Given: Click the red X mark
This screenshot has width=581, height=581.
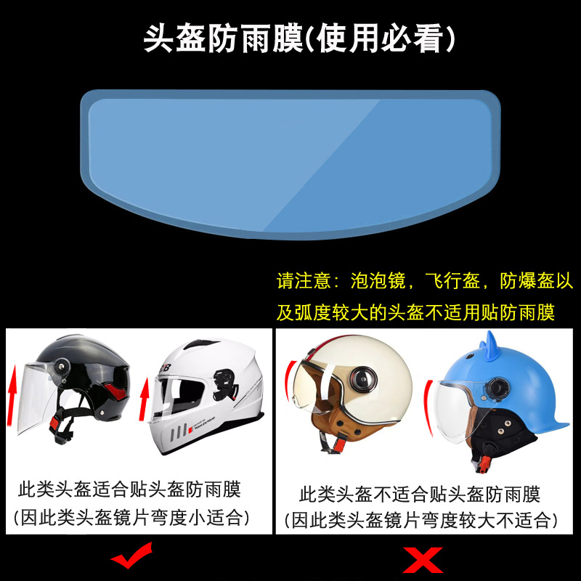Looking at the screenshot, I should tap(423, 560).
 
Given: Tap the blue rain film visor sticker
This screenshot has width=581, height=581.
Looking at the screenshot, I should tap(290, 163).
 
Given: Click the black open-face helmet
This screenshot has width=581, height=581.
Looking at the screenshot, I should tap(87, 378).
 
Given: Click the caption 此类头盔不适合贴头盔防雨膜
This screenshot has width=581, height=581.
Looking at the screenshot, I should tap(420, 495).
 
